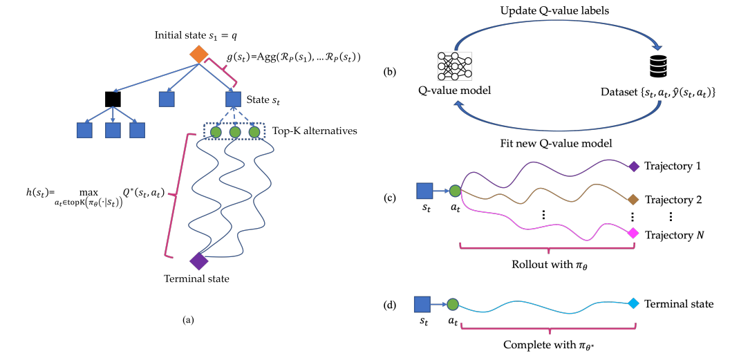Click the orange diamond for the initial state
tap(199, 54)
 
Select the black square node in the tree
tap(113, 99)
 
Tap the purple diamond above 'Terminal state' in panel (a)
tap(199, 261)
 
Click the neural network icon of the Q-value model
tap(454, 68)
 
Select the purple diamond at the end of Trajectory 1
tap(633, 166)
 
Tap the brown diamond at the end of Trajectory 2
tap(633, 200)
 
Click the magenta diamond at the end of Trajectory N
tap(633, 234)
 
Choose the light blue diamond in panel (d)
tap(633, 303)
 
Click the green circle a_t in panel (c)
tap(454, 191)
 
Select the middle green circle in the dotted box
tap(235, 131)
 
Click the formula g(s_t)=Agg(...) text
tap(294, 56)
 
